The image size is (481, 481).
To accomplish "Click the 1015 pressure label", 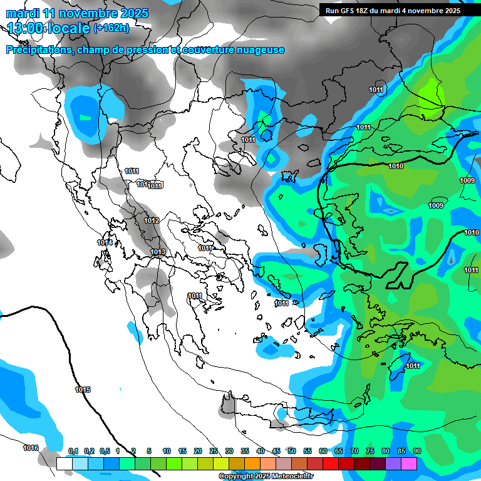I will click(x=83, y=390).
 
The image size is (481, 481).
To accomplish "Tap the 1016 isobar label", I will click(x=31, y=448).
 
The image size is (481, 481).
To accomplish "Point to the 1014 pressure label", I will click(x=105, y=242).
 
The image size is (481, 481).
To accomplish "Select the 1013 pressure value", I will click(x=158, y=252).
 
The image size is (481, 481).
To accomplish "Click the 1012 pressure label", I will click(x=152, y=220).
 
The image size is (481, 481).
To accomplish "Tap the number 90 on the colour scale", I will click(x=417, y=451).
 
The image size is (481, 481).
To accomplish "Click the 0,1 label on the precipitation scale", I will click(x=73, y=451).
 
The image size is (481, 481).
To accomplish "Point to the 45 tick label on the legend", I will click(x=276, y=451).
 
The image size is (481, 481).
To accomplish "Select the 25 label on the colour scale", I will click(x=214, y=451).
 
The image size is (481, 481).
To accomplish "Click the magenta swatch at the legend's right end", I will click(x=409, y=463).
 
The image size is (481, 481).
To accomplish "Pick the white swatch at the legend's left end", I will click(x=64, y=463).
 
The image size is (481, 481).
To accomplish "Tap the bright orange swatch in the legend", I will click(x=252, y=463).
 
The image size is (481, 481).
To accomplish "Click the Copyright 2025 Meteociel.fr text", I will click(x=266, y=477).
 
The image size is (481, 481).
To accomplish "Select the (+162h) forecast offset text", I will click(x=111, y=28).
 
